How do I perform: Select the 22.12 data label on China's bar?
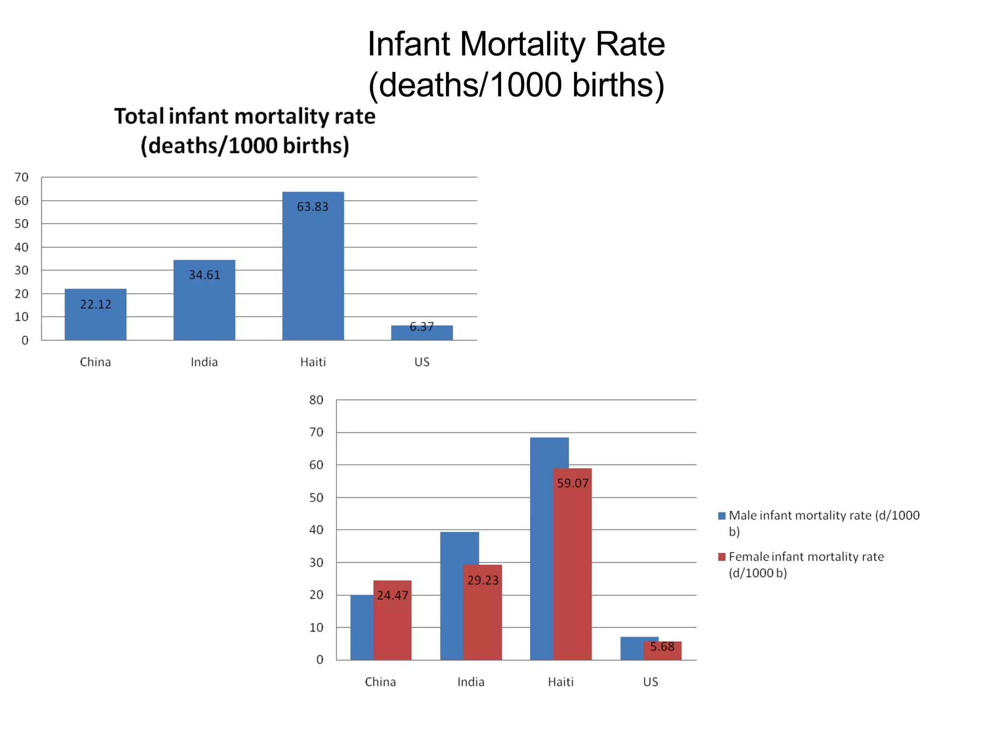[x=96, y=304]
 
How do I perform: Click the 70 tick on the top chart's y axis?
[x=22, y=178]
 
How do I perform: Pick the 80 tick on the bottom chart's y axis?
[x=316, y=400]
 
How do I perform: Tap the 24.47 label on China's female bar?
[x=392, y=595]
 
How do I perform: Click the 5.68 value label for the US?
[x=662, y=647]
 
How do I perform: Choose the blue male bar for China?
[x=362, y=629]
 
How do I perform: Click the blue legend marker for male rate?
[x=721, y=516]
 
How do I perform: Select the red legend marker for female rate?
[x=721, y=557]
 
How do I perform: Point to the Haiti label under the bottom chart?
[x=561, y=682]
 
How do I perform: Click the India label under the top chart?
[x=204, y=362]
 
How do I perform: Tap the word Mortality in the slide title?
[x=522, y=44]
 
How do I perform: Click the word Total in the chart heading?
[x=139, y=117]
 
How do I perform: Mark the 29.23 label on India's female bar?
[x=483, y=581]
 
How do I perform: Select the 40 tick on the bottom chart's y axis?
[x=316, y=530]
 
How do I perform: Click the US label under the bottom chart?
[x=650, y=682]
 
